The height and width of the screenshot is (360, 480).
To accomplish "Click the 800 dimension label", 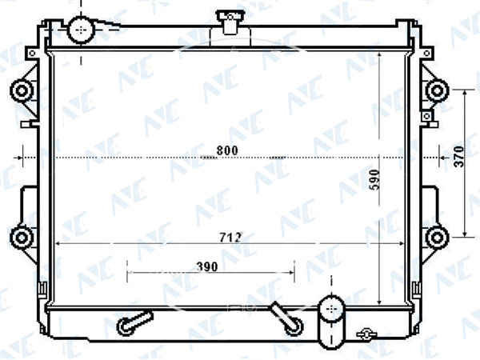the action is [x=227, y=150].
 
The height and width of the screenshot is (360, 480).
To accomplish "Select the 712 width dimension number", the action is [x=230, y=238].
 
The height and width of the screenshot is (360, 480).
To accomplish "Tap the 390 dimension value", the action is [x=207, y=266].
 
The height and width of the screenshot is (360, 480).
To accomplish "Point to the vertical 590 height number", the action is [x=374, y=180].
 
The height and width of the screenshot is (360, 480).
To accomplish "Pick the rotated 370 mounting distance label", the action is [x=459, y=157].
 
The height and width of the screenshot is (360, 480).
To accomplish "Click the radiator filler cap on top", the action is [x=230, y=22].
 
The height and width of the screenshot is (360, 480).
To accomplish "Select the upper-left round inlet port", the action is [x=81, y=30].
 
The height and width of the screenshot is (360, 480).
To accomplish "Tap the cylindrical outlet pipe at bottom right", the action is [x=331, y=322].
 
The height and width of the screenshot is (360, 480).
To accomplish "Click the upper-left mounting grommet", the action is [x=22, y=91].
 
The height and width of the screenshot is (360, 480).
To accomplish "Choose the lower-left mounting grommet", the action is [x=22, y=238].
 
